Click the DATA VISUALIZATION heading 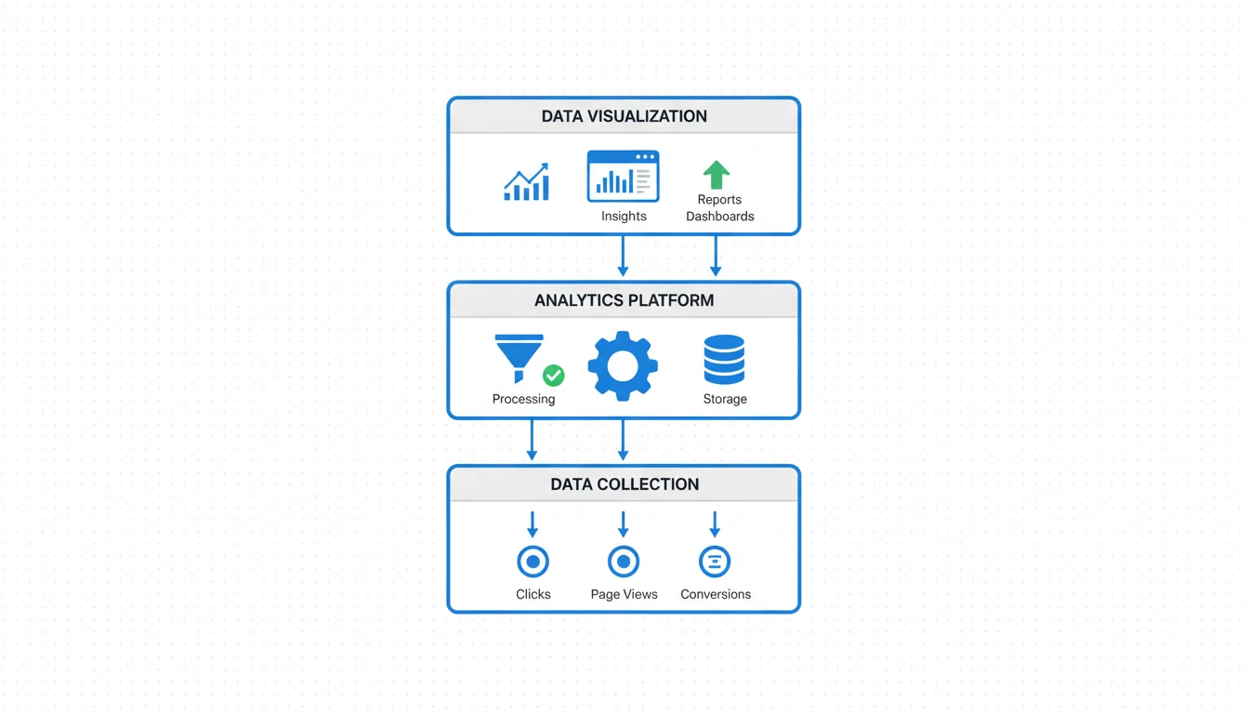pos(624,116)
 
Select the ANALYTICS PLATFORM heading pos(624,300)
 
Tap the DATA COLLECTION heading pos(624,484)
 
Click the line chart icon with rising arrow pos(526,182)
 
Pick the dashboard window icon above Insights pos(623,176)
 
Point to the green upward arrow pos(716,175)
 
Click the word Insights pos(624,216)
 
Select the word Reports pos(719,199)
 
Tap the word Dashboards pos(719,216)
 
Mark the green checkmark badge pos(553,375)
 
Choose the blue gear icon pos(623,365)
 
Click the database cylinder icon pos(724,360)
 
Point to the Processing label pos(523,399)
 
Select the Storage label pos(725,399)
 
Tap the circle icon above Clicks pos(532,562)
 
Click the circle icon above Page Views pos(623,562)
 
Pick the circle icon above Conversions pos(715,562)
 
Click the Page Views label pos(624,594)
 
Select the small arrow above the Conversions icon pos(715,524)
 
